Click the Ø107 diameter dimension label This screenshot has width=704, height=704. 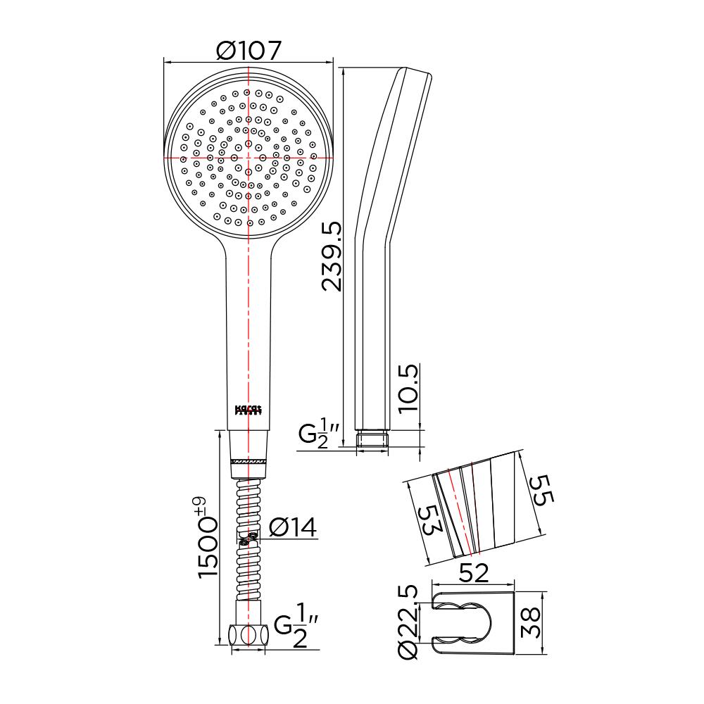click(249, 51)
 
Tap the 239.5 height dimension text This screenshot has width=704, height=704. click(331, 256)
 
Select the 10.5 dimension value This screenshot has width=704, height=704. click(408, 387)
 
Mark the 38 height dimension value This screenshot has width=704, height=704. click(534, 623)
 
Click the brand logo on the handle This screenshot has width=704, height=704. click(248, 410)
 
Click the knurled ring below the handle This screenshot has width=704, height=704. click(249, 460)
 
